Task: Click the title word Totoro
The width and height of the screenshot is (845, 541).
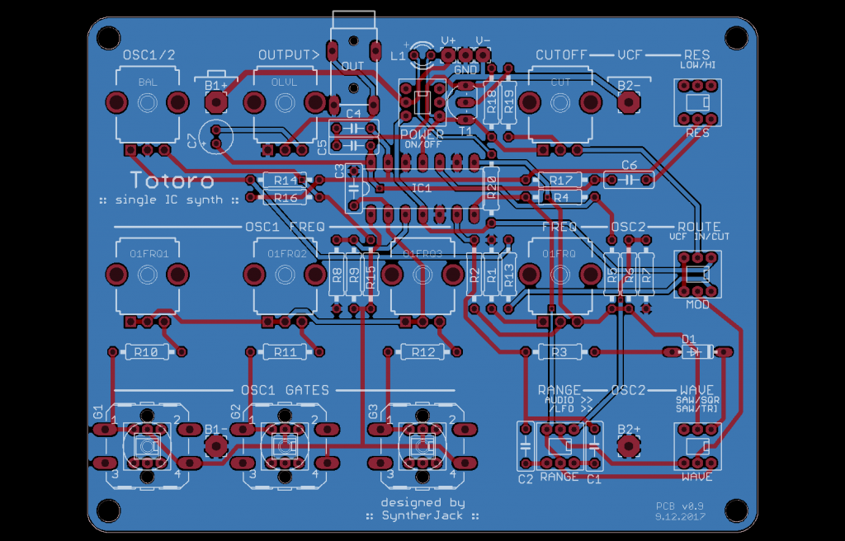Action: (x=172, y=180)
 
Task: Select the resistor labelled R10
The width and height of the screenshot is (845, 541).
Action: (x=145, y=352)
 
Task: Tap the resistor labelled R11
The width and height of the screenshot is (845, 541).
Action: (x=284, y=352)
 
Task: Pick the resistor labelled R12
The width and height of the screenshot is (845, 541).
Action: (x=422, y=352)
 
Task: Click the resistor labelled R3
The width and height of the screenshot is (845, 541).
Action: (x=559, y=352)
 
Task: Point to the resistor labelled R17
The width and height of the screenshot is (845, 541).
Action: (x=560, y=180)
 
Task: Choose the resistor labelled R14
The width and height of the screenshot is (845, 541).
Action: (x=285, y=180)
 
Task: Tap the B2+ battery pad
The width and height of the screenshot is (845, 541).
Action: (x=629, y=445)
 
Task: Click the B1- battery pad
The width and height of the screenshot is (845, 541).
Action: (x=216, y=445)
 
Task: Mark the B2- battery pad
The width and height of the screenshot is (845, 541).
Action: (x=629, y=101)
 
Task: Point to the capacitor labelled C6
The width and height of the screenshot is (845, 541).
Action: (x=629, y=177)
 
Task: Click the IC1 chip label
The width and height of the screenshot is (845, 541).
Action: (x=422, y=188)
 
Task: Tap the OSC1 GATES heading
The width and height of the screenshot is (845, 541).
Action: (x=284, y=390)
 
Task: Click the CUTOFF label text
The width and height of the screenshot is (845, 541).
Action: (x=561, y=54)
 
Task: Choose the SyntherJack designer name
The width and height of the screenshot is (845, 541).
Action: (x=422, y=515)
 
